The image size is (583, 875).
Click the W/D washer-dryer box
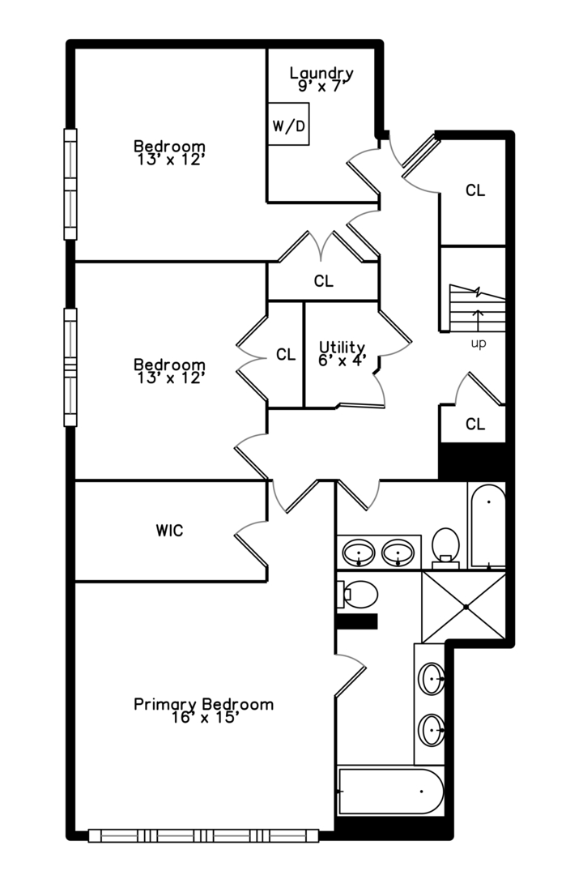click(x=288, y=125)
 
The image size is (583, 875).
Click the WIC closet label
click(x=169, y=531)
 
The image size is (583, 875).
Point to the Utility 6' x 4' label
click(x=341, y=354)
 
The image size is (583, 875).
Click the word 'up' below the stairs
click(x=479, y=344)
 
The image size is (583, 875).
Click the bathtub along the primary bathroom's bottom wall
click(x=391, y=792)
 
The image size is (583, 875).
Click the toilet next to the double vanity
click(x=445, y=544)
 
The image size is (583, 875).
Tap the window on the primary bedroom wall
click(x=202, y=835)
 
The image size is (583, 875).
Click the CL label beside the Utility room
click(x=285, y=355)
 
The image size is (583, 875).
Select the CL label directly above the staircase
click(x=474, y=191)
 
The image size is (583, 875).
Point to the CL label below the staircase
click(x=474, y=425)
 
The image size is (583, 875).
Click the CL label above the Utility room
click(x=323, y=282)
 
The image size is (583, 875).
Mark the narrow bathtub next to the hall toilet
click(x=487, y=524)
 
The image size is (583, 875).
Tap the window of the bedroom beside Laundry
click(x=70, y=185)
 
